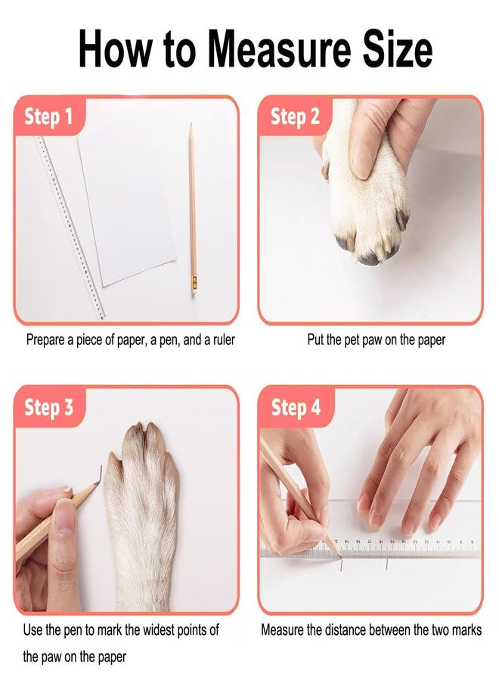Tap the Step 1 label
(x=48, y=117)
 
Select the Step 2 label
(x=295, y=117)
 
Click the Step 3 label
(x=48, y=407)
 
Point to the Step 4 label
(x=296, y=407)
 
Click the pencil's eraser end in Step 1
(x=195, y=290)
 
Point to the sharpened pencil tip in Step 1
(x=191, y=126)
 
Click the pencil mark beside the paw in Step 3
(x=98, y=477)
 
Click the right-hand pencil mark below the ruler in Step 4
(x=386, y=564)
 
